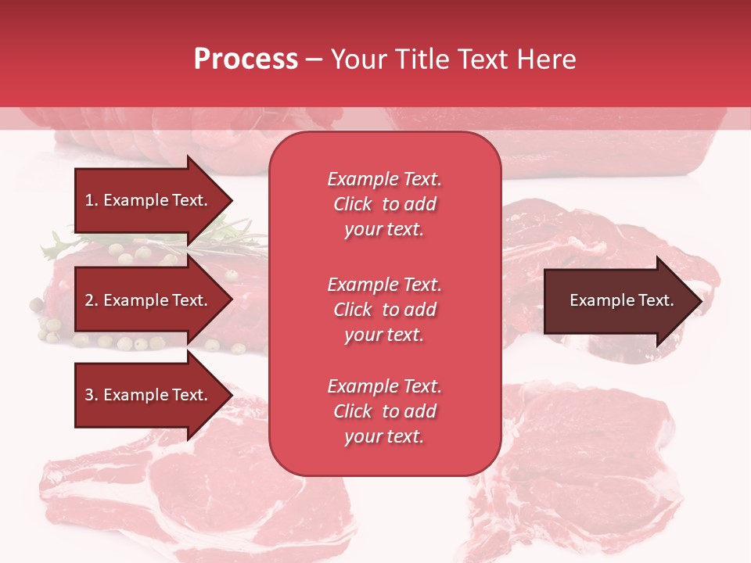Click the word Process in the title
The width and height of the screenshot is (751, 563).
(x=246, y=59)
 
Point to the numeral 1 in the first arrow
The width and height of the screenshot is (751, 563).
(x=88, y=200)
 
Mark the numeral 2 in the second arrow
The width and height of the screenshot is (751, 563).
(x=89, y=300)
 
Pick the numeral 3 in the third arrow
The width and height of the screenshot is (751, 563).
(x=89, y=395)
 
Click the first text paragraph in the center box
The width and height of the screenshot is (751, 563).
(x=384, y=204)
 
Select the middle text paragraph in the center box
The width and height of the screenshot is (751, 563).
(x=384, y=310)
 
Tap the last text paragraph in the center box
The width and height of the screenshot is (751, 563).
(x=384, y=411)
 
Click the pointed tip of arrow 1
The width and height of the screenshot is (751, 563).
(x=230, y=200)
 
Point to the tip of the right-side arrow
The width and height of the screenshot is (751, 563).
(x=699, y=301)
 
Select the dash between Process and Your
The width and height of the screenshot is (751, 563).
(x=314, y=60)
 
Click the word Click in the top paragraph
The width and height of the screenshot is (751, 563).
(x=353, y=204)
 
